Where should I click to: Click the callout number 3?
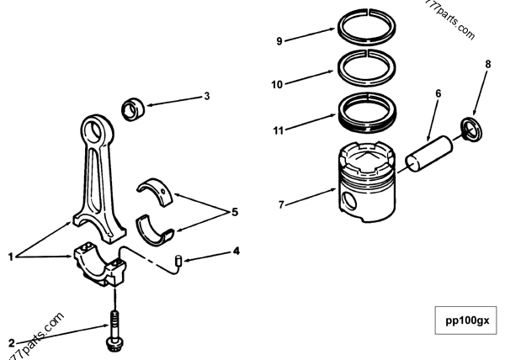pyautogui.click(x=206, y=96)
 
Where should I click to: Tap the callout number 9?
pyautogui.click(x=279, y=39)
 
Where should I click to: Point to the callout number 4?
pyautogui.click(x=237, y=250)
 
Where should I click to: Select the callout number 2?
pyautogui.click(x=11, y=341)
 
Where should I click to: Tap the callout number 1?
pyautogui.click(x=11, y=256)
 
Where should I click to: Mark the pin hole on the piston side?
pyautogui.click(x=348, y=202)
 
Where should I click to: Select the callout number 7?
pyautogui.click(x=281, y=204)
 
